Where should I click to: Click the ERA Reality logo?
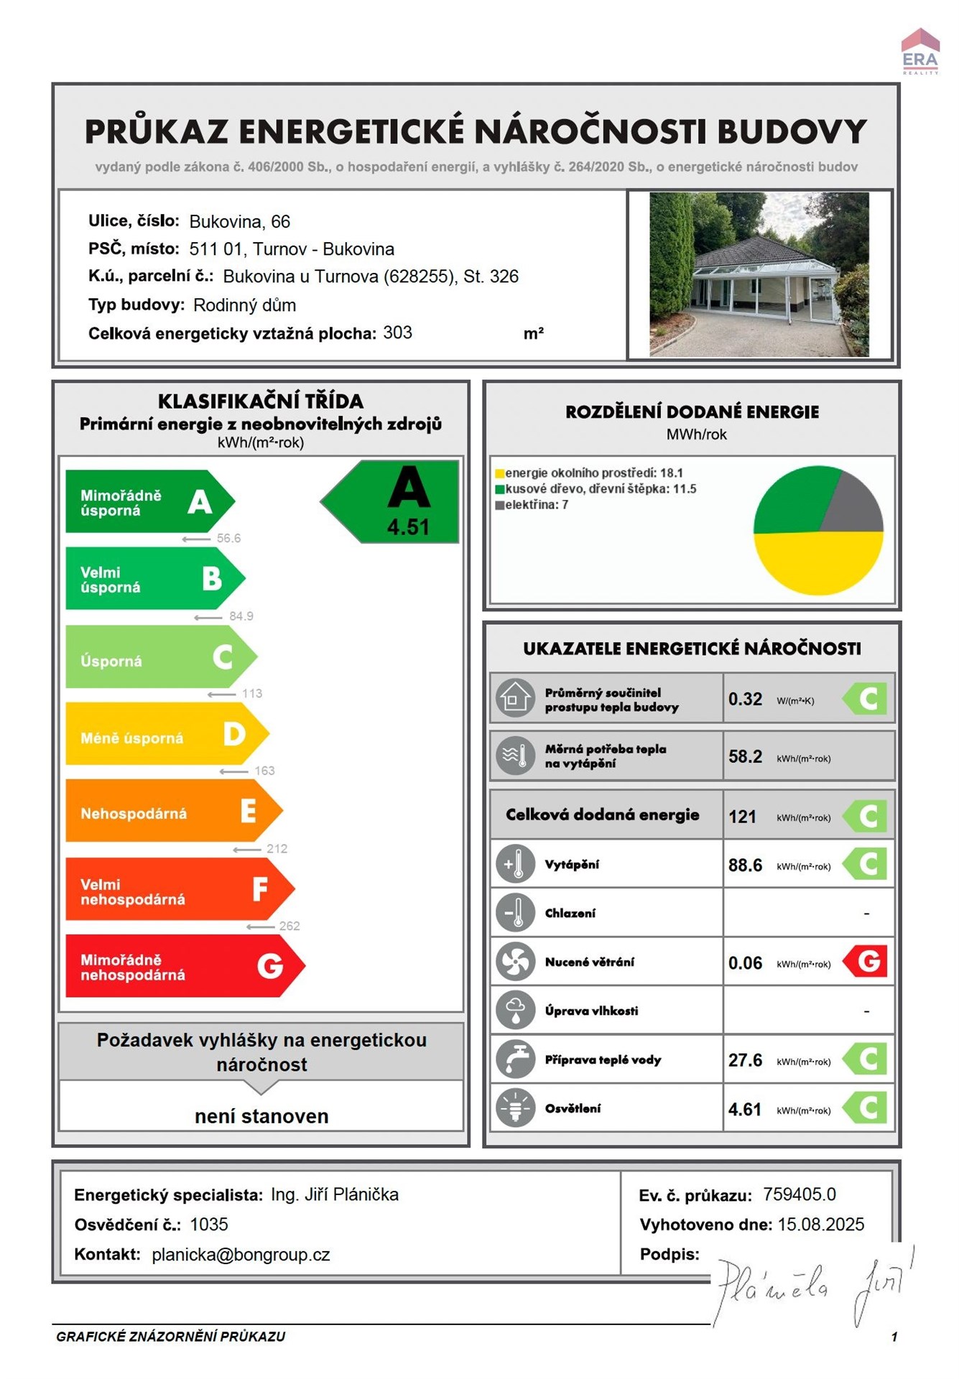[920, 52]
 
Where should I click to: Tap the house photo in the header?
[759, 274]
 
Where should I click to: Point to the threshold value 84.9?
[241, 616]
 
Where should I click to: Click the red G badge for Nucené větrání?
[866, 962]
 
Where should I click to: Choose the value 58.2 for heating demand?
[745, 756]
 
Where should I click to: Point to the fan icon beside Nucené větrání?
[515, 962]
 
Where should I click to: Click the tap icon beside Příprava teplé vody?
[515, 1059]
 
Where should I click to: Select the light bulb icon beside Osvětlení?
[515, 1108]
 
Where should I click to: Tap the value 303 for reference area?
[397, 333]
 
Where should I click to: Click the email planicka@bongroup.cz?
[241, 1255]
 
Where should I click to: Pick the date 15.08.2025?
[821, 1225]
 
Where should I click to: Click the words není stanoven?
[261, 1116]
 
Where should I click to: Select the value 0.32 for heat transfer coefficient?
[745, 699]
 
